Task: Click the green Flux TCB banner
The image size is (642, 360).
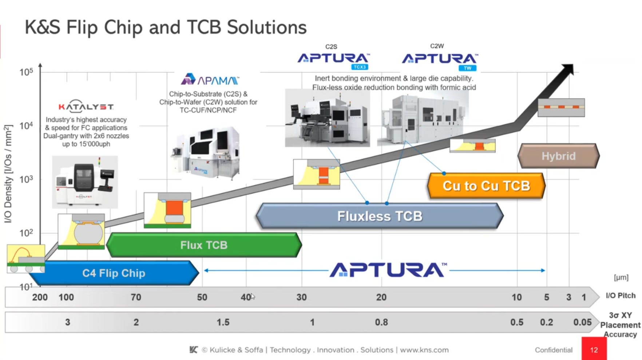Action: point(204,245)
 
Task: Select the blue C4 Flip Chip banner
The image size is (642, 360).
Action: point(114,273)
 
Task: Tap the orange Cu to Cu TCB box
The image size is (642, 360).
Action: point(486,186)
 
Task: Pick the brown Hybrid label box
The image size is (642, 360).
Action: point(558,156)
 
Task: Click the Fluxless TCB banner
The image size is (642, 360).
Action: point(379,216)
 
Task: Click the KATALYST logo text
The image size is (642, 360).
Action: point(86,107)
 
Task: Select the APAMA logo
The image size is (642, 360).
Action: point(210,80)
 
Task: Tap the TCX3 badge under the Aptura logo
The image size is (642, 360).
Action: point(360,67)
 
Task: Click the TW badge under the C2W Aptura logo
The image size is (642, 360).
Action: point(467,68)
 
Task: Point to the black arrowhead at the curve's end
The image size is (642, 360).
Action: point(568,69)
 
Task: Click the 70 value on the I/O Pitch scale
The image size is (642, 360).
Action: point(136,297)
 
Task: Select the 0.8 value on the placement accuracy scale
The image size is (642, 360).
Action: point(381,322)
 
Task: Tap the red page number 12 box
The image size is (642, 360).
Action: point(594,349)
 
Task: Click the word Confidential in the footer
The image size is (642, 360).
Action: point(553,350)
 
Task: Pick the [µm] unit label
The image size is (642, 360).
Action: point(621,277)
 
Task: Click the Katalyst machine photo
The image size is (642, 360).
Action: point(85,182)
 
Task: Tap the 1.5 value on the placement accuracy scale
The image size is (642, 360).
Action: point(223,322)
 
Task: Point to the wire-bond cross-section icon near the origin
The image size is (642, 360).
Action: point(25,258)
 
